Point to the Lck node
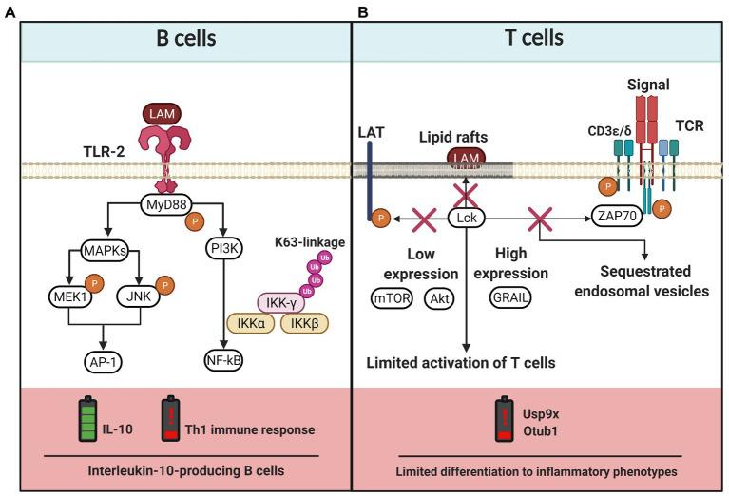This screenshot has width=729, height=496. pyautogui.click(x=466, y=218)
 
